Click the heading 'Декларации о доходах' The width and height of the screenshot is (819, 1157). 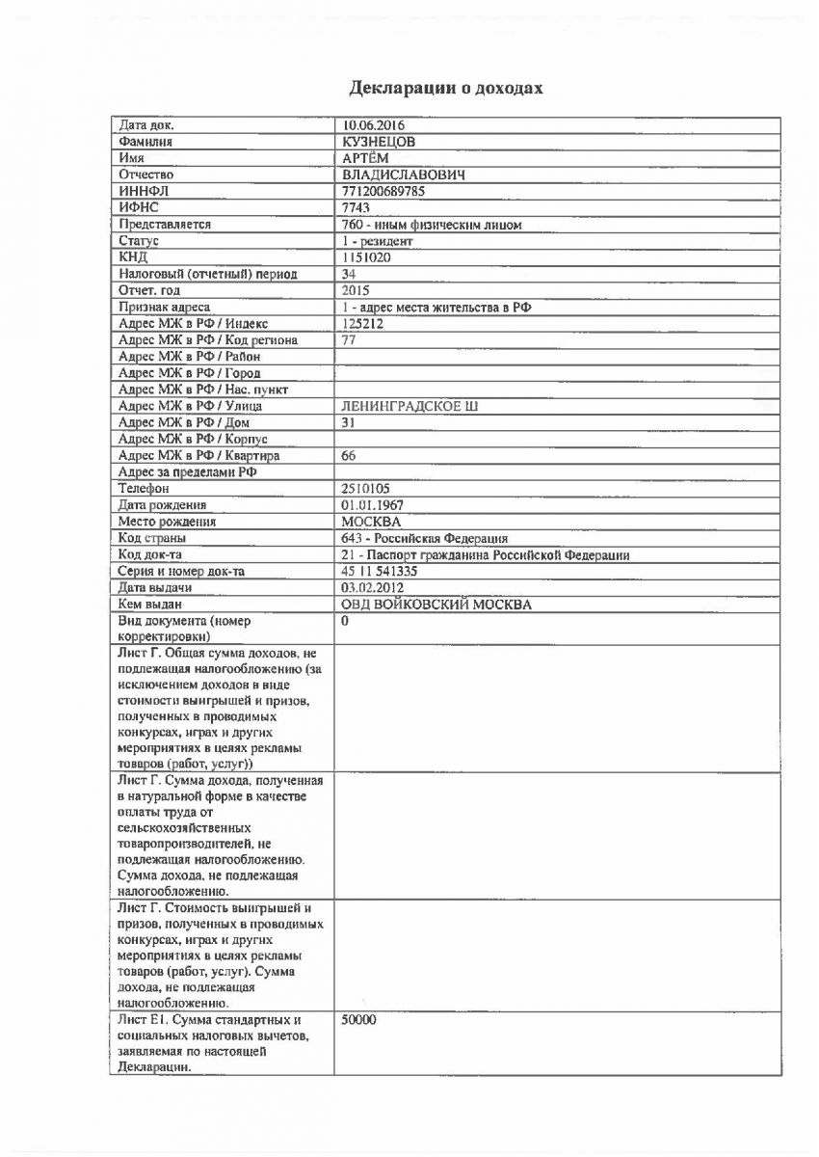(446, 89)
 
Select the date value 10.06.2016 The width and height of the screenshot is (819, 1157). (373, 125)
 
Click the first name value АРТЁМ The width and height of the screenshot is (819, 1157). (366, 158)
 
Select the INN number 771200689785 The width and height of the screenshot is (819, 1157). (383, 191)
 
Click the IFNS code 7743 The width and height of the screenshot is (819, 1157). (357, 207)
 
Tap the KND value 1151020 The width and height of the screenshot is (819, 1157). (366, 257)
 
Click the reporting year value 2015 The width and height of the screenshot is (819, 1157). (357, 290)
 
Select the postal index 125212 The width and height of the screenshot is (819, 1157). (362, 323)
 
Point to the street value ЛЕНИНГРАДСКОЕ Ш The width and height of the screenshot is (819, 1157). (396, 406)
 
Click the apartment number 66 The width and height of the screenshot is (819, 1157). (350, 455)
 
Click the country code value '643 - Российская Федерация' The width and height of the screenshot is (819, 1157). (425, 538)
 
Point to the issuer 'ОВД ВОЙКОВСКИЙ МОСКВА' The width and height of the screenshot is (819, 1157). (436, 605)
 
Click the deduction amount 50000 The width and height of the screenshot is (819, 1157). (358, 1019)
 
